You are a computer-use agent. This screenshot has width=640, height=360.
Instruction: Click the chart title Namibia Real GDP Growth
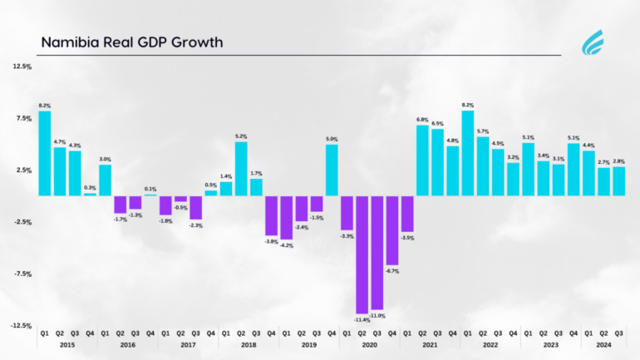[131, 42]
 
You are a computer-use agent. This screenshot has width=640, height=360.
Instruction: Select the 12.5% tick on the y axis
[22, 67]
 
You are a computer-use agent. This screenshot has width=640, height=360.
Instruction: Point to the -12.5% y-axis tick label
[22, 326]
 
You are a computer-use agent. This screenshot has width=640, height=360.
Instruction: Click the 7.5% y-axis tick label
[23, 118]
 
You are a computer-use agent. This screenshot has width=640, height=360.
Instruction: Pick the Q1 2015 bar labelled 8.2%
[45, 153]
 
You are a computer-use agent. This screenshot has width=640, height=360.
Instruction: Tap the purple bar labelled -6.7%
[391, 230]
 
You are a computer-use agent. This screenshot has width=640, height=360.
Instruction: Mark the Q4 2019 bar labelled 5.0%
[332, 170]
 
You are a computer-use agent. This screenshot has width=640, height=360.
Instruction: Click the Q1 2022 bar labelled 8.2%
[467, 153]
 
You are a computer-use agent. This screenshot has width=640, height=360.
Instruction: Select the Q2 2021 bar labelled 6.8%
[422, 160]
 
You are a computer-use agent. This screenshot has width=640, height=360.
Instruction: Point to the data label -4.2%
[286, 246]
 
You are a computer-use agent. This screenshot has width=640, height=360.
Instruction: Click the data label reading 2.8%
[618, 160]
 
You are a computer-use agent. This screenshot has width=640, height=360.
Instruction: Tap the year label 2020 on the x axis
[369, 344]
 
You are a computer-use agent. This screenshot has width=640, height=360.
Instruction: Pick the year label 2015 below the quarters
[67, 344]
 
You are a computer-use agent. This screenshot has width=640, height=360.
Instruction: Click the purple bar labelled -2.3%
[196, 208]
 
